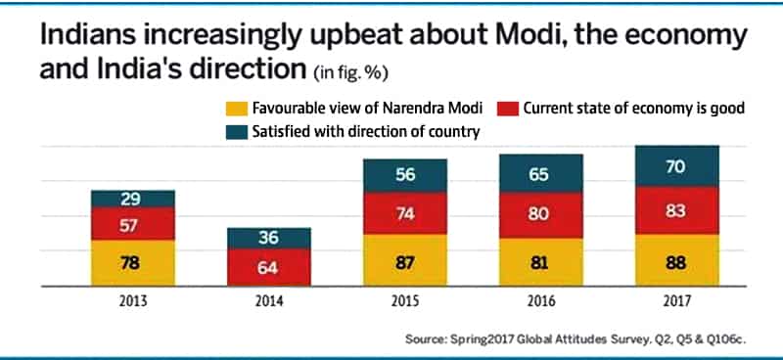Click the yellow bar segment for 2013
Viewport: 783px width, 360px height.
click(x=133, y=263)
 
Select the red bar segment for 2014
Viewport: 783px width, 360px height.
click(x=269, y=267)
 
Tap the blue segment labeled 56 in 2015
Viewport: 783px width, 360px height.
click(x=405, y=176)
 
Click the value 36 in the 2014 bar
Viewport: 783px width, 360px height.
click(x=269, y=237)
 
